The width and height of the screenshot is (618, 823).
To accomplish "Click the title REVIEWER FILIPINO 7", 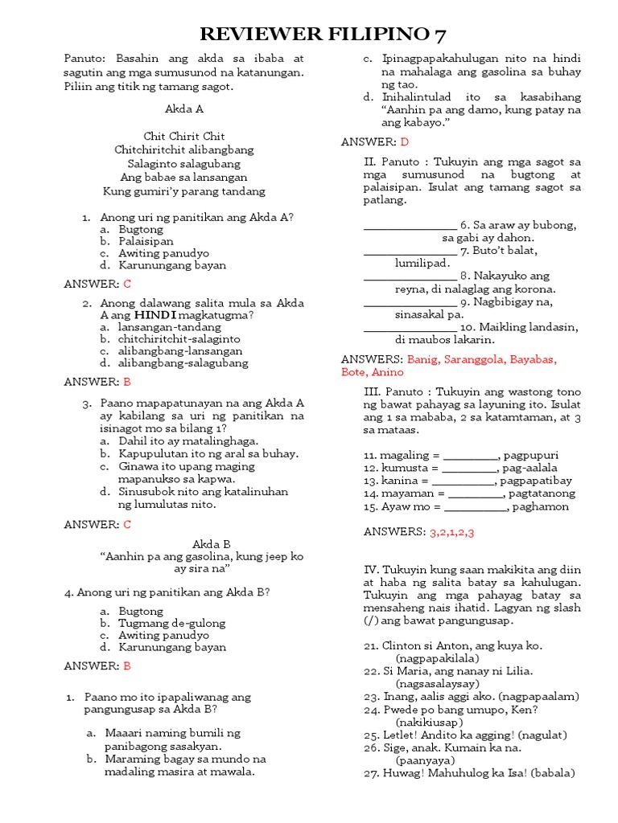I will click(322, 33).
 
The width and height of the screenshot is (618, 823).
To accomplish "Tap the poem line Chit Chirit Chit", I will click(184, 136).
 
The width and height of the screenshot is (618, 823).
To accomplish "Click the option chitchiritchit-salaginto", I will click(179, 339).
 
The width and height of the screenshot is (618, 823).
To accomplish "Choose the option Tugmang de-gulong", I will click(172, 623).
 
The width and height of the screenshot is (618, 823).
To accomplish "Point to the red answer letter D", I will click(405, 141).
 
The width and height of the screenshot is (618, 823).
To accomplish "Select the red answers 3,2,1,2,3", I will click(451, 531).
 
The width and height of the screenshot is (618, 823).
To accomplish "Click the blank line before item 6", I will click(410, 225).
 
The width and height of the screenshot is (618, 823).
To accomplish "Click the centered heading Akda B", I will click(211, 544).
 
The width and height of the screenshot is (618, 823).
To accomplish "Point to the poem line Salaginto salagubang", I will click(184, 163).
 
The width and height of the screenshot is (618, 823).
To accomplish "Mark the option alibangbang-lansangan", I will click(180, 351).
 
